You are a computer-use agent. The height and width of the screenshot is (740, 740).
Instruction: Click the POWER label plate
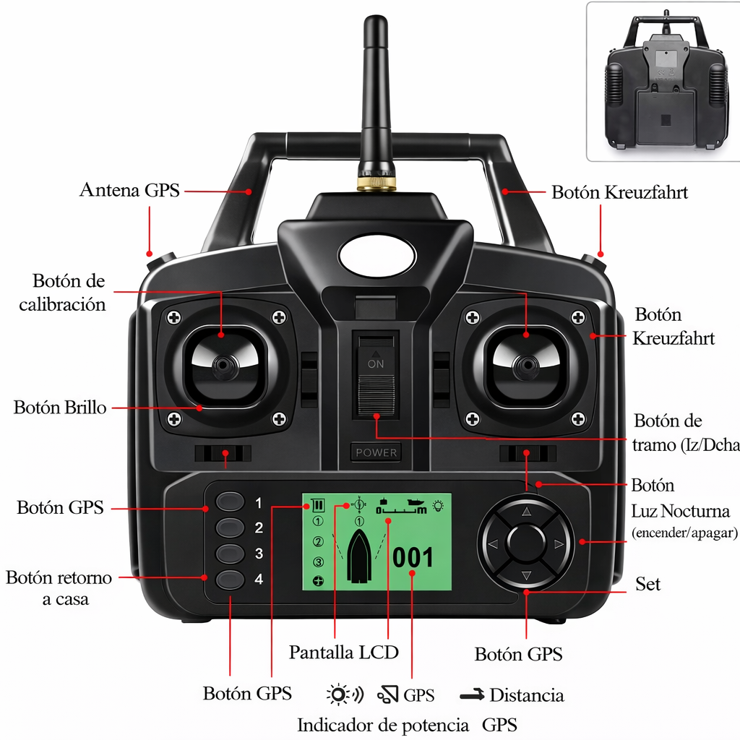[376, 452]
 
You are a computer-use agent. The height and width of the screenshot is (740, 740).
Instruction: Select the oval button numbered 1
[231, 502]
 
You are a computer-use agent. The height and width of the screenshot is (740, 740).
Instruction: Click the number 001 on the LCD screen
[413, 558]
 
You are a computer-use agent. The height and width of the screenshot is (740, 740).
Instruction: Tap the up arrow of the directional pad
[526, 511]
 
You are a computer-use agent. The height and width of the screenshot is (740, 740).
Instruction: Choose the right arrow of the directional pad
[558, 543]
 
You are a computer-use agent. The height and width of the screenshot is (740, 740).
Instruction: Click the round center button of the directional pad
[526, 542]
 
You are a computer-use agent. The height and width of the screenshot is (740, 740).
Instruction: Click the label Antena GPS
[129, 191]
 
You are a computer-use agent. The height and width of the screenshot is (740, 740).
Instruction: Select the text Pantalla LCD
[344, 652]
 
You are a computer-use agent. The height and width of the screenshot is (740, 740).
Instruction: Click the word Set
[647, 584]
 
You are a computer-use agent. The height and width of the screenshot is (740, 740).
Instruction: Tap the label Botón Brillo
[60, 408]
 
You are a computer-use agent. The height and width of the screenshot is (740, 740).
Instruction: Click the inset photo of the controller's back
[663, 81]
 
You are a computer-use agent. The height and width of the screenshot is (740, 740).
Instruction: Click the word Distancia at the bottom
[526, 696]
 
